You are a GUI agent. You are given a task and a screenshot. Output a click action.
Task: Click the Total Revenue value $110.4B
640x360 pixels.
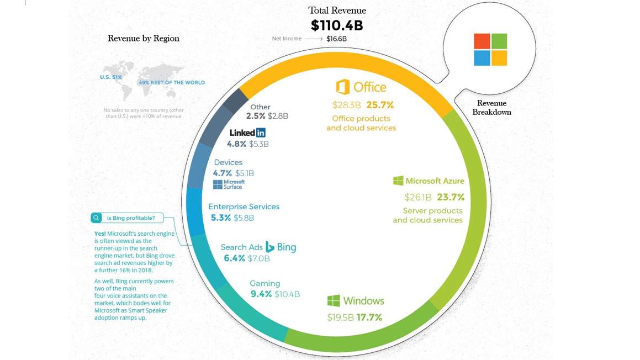pyautogui.click(x=337, y=25)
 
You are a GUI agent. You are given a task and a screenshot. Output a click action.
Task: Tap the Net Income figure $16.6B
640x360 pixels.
pyautogui.click(x=336, y=39)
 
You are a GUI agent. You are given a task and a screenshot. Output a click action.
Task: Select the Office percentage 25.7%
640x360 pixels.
pyautogui.click(x=380, y=105)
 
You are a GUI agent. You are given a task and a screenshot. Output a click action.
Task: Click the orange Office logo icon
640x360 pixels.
pyautogui.click(x=342, y=87)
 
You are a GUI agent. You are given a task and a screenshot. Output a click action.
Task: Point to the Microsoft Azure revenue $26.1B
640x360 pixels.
pyautogui.click(x=418, y=197)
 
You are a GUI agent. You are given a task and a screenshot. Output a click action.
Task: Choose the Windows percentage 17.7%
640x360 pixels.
pyautogui.click(x=369, y=317)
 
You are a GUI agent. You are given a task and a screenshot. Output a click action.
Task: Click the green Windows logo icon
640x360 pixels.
pyautogui.click(x=334, y=301)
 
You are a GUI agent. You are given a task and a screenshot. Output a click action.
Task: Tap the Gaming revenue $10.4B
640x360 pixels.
pyautogui.click(x=287, y=294)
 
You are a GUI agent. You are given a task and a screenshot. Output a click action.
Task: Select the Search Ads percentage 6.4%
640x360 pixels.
pyautogui.click(x=234, y=258)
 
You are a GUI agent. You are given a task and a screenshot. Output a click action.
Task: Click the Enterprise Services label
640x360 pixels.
pyautogui.click(x=244, y=207)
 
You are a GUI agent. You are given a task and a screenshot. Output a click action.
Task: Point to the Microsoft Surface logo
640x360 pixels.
pyautogui.click(x=229, y=184)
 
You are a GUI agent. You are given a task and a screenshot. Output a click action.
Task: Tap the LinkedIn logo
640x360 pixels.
pyautogui.click(x=247, y=133)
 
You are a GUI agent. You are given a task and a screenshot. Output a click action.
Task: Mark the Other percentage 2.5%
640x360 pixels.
pyautogui.click(x=256, y=117)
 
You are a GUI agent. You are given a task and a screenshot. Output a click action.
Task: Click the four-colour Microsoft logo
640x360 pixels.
pyautogui.click(x=490, y=50)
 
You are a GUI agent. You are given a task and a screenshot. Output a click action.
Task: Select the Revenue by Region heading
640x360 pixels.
pyautogui.click(x=144, y=39)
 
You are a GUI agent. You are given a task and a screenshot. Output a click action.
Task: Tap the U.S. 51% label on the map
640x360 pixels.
pyautogui.click(x=111, y=77)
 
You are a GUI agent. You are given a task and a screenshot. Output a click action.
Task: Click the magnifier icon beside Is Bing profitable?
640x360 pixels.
pyautogui.click(x=96, y=218)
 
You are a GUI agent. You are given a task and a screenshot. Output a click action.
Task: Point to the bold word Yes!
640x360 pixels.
pyautogui.click(x=100, y=234)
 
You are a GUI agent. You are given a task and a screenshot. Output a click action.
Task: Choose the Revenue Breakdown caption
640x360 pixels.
pyautogui.click(x=491, y=108)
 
